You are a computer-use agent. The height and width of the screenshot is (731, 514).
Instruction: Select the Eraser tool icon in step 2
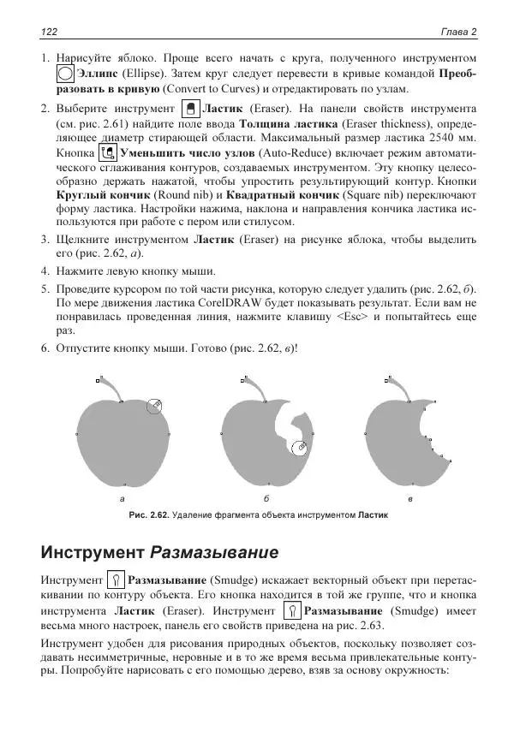(191, 110)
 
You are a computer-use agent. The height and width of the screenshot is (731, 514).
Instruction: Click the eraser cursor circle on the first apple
(153, 407)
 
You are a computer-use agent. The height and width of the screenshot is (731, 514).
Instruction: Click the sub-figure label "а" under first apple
(123, 498)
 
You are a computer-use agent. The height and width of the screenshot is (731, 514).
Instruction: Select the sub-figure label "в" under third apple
(411, 498)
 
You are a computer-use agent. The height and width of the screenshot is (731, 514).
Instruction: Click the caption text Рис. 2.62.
(149, 516)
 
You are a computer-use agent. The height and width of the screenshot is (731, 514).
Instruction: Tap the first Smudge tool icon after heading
(118, 581)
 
